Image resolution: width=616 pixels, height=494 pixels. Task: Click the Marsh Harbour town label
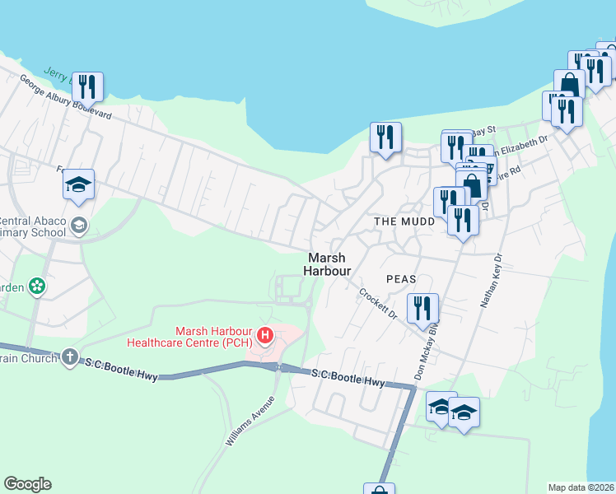coord(328,263)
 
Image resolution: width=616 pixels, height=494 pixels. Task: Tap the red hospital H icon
coord(265,335)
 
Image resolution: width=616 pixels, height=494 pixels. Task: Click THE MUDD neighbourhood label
coord(404,222)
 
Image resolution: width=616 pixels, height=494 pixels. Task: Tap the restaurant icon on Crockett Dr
coord(422,309)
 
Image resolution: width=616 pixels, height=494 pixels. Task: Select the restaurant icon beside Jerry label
coord(86,86)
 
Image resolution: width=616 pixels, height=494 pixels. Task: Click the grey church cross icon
coord(70,357)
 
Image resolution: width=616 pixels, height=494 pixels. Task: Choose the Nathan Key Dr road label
coord(492,281)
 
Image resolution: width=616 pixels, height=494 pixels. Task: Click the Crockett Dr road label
coord(378,303)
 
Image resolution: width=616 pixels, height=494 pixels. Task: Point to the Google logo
coord(27,484)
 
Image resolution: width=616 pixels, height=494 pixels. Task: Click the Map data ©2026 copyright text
coord(581,487)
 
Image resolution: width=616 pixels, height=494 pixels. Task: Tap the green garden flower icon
coord(36,287)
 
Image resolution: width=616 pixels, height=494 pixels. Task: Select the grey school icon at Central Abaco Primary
coord(79,226)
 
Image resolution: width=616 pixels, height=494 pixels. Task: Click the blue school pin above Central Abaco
coord(79,184)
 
